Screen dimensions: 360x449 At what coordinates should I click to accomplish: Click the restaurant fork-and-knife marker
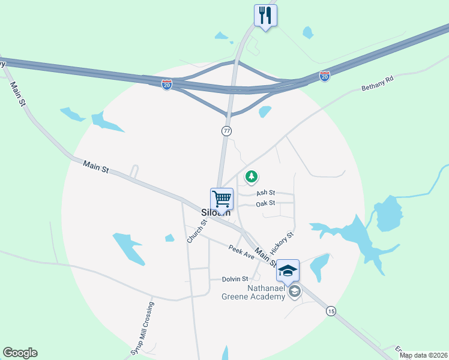coord(265,15)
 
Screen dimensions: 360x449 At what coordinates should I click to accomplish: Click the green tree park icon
coord(252,177)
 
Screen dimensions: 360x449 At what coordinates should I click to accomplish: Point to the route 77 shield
coord(226,130)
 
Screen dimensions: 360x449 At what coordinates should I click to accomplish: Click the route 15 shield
coord(331,310)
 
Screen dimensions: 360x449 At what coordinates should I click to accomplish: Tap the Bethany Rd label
coord(376,85)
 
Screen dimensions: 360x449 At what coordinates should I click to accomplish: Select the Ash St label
coord(265,193)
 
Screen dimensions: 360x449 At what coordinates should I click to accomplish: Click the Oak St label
coord(265,203)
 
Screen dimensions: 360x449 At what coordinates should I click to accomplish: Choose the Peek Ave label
coord(241,252)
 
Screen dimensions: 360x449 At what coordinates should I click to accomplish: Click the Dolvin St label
coord(235,279)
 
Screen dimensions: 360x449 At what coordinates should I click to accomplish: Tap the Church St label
coord(196,231)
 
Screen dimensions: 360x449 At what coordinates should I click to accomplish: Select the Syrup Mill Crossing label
coord(143,329)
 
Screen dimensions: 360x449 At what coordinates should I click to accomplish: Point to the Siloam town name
coord(215,212)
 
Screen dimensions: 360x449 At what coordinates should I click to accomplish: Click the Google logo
coord(20,353)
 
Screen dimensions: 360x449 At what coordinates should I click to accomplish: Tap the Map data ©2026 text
coord(423,356)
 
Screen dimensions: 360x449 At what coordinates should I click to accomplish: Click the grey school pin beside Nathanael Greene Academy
coord(294,292)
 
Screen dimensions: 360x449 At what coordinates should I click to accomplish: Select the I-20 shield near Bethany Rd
coord(324,76)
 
